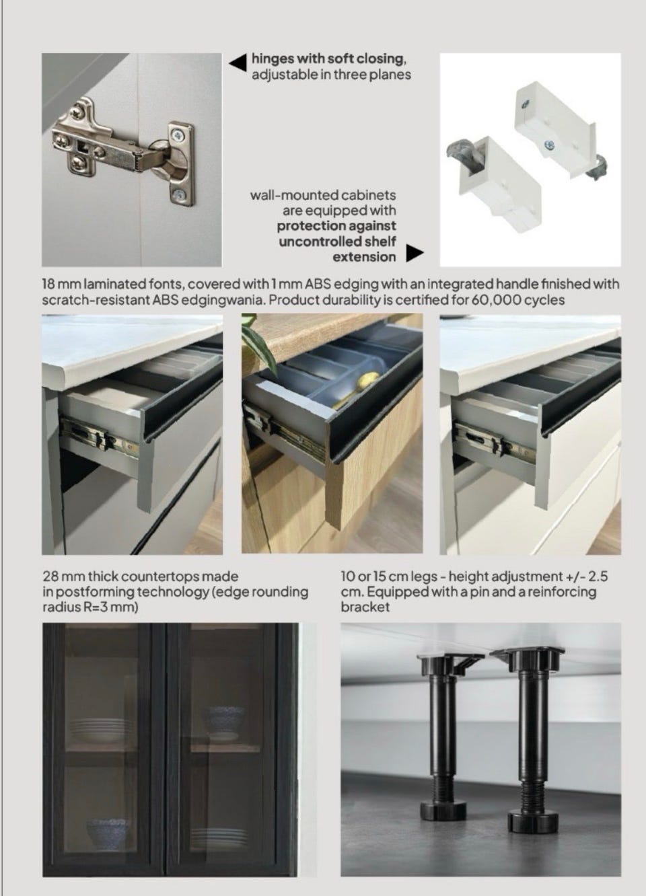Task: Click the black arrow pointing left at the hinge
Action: [x=238, y=63]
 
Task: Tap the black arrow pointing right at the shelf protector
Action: [x=415, y=253]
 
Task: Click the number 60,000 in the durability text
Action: [x=495, y=300]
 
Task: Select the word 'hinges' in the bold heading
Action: [x=274, y=59]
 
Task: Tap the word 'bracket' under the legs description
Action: [x=365, y=607]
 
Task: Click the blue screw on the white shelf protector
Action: [x=550, y=146]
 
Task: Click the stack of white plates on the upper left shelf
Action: [x=99, y=730]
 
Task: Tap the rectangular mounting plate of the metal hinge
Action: [x=181, y=165]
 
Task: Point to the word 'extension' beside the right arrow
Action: [x=364, y=257]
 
